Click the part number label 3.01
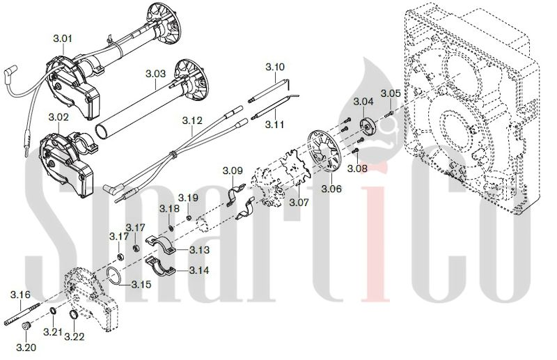[63, 38]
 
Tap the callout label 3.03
[155, 74]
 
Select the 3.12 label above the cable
[192, 121]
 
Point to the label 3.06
[331, 189]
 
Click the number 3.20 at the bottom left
[26, 347]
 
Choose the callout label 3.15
[141, 285]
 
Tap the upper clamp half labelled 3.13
[162, 244]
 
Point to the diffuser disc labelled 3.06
[324, 152]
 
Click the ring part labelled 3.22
[74, 315]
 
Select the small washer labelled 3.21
[53, 311]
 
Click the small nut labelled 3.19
[189, 217]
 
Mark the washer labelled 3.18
[171, 227]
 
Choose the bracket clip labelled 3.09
[235, 196]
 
